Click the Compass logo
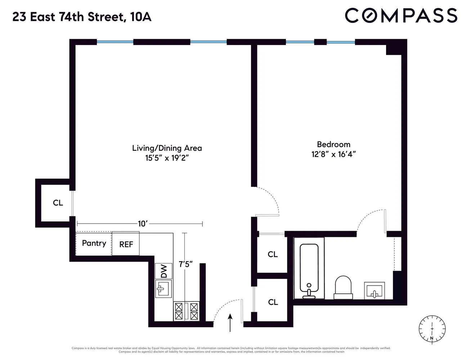click(401, 16)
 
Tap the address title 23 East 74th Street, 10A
click(82, 17)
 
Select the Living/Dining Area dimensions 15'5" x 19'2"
click(167, 158)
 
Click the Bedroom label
click(333, 144)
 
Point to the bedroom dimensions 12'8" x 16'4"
click(333, 154)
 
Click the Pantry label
click(94, 243)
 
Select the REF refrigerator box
click(126, 244)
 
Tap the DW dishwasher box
click(164, 271)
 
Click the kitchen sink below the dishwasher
click(163, 288)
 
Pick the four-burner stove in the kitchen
click(186, 311)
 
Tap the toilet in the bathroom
click(343, 287)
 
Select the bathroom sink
click(374, 290)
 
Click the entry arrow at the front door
click(230, 322)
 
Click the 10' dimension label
click(143, 224)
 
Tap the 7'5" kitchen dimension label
click(185, 264)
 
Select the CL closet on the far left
click(58, 203)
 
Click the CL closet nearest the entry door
click(273, 302)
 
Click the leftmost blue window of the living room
click(115, 42)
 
